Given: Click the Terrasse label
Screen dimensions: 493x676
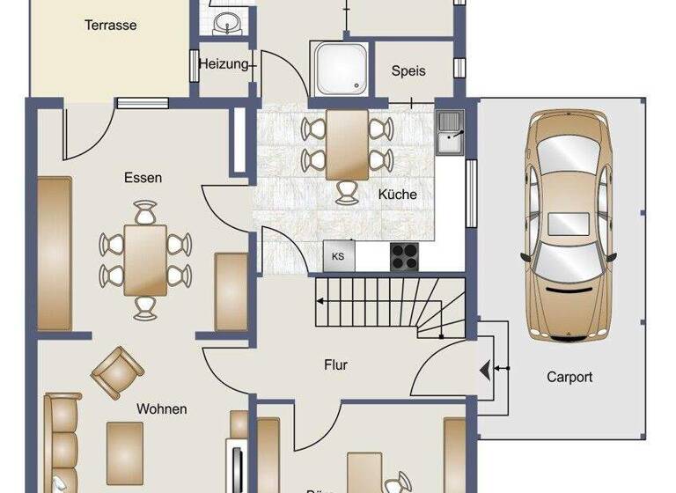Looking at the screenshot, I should pyautogui.click(x=110, y=26).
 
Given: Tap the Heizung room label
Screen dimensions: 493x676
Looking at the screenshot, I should pyautogui.click(x=223, y=64).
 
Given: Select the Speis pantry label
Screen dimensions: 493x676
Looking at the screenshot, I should pyautogui.click(x=408, y=70).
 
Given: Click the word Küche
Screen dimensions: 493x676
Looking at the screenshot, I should pyautogui.click(x=397, y=195).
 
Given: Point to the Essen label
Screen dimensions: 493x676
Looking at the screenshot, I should pyautogui.click(x=143, y=178).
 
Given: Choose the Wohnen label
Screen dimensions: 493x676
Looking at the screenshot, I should pyautogui.click(x=161, y=408).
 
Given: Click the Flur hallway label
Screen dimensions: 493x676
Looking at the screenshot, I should pyautogui.click(x=336, y=364).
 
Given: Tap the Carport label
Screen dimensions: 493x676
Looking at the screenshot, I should pyautogui.click(x=569, y=377).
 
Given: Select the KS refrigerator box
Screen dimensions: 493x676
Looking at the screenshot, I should pyautogui.click(x=339, y=256).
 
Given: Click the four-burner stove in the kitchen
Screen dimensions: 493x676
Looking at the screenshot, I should pyautogui.click(x=405, y=255).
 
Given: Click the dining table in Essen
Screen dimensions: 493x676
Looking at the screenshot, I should pyautogui.click(x=145, y=259).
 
